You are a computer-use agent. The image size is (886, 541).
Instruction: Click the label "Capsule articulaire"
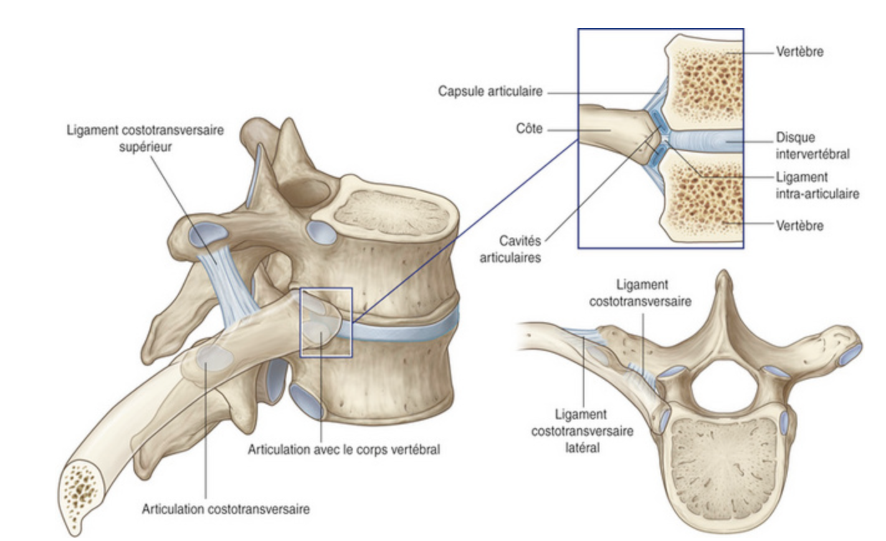(490, 92)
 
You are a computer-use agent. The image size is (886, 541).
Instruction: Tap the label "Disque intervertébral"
(812, 145)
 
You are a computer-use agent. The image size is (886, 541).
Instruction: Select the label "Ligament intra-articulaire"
(817, 185)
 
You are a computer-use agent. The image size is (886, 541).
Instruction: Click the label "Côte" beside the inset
(529, 129)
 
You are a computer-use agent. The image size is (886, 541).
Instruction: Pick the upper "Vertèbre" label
(799, 52)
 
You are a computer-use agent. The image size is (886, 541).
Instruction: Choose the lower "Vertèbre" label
(799, 225)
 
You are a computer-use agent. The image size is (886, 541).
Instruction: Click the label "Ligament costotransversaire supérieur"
(145, 138)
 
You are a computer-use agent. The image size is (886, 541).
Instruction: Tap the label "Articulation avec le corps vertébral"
(343, 449)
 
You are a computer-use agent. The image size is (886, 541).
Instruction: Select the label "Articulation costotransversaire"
(226, 509)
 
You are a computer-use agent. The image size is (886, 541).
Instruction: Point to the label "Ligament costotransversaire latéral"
(582, 430)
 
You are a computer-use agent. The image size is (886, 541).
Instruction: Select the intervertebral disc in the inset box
(704, 141)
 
